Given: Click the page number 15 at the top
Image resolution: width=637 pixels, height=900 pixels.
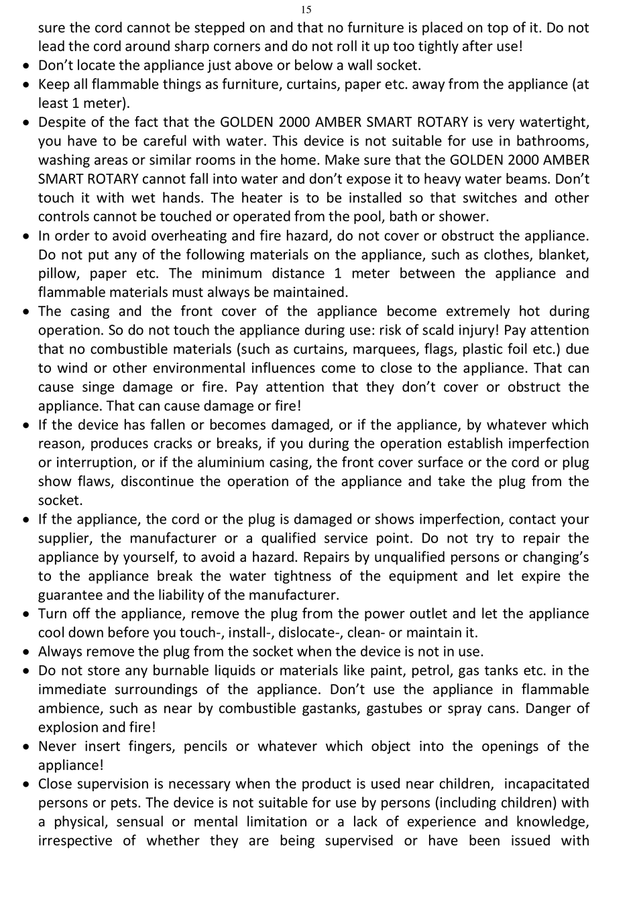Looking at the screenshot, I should (x=306, y=9).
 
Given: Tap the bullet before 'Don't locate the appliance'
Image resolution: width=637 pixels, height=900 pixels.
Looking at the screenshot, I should (x=25, y=66).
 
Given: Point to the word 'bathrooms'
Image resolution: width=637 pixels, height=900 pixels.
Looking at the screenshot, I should (x=553, y=141).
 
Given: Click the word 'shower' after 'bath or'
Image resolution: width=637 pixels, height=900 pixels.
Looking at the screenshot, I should (x=465, y=216).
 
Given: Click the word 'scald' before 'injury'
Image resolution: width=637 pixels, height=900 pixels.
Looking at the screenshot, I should (x=458, y=330).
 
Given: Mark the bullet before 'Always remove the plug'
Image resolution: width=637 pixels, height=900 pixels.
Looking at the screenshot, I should (x=25, y=652).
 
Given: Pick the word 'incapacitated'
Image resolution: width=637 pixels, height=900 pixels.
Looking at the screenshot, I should (x=546, y=784).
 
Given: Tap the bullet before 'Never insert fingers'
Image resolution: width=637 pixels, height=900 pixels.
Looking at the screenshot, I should (x=25, y=746).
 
